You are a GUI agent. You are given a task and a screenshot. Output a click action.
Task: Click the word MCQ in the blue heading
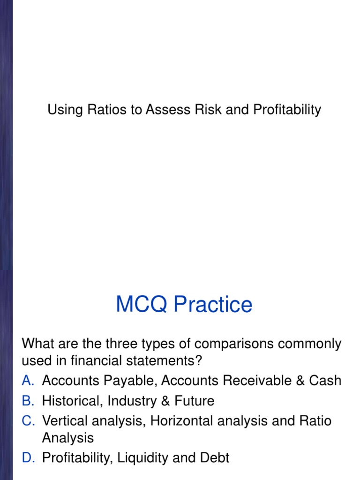click(x=142, y=304)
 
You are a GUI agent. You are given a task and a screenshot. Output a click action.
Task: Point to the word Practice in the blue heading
click(x=213, y=304)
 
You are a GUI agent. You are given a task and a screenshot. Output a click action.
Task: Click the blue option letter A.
click(x=28, y=381)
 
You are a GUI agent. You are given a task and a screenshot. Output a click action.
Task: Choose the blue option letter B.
click(x=28, y=401)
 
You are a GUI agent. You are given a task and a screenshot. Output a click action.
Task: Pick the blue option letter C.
click(x=28, y=421)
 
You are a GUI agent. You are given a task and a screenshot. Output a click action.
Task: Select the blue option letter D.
click(x=28, y=457)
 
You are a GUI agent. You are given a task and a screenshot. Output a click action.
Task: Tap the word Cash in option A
click(x=325, y=381)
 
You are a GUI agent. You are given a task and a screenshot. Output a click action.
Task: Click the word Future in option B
click(x=195, y=401)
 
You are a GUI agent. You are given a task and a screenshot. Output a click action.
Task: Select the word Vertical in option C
click(x=65, y=421)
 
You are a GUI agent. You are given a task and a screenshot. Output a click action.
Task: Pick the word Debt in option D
click(x=215, y=457)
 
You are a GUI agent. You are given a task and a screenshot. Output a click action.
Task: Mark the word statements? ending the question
click(x=165, y=360)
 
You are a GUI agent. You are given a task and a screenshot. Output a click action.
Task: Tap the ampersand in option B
click(x=165, y=401)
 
